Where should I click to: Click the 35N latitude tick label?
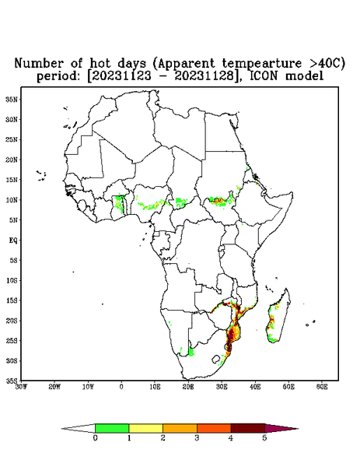(12, 99)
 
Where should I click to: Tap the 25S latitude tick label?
(12, 340)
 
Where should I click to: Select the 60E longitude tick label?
(322, 387)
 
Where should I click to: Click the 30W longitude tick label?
(21, 387)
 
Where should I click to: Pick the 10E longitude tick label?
(155, 387)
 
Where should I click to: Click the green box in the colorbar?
(112, 428)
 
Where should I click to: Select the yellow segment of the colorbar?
(145, 428)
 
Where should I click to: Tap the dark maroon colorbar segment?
(248, 428)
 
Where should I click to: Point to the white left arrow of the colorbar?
(79, 428)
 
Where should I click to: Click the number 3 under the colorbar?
(197, 438)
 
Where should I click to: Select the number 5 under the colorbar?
(265, 438)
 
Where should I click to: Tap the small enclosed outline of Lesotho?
(216, 359)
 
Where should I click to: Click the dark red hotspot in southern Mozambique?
(231, 336)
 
